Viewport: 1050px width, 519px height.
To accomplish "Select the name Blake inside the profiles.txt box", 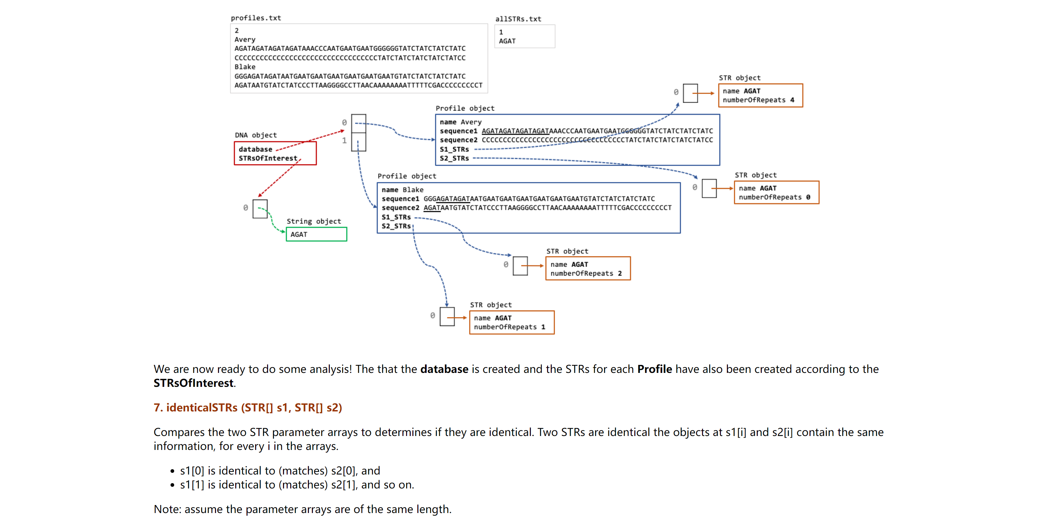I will (245, 66).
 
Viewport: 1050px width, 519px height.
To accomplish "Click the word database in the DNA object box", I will (255, 149).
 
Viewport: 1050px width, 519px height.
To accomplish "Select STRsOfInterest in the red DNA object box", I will (267, 158).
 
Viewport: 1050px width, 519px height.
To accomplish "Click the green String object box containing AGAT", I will (316, 234).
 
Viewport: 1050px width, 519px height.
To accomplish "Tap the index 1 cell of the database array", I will (359, 141).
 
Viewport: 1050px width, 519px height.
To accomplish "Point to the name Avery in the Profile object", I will (471, 122).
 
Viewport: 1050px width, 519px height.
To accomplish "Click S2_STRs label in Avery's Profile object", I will (454, 158).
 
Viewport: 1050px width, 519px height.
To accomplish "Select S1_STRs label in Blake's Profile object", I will (396, 216).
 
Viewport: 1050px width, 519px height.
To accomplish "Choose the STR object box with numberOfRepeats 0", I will (776, 192).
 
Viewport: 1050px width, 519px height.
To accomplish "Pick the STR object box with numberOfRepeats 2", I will (588, 269).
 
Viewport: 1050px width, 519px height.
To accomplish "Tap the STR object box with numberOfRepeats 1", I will (512, 322).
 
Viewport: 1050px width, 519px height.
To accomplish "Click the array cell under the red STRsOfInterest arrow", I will (260, 209).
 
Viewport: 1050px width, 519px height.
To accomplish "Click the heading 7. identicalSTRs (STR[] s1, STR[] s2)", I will (247, 407).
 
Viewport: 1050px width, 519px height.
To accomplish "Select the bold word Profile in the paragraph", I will (654, 369).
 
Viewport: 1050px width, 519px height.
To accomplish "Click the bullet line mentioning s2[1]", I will (297, 484).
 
